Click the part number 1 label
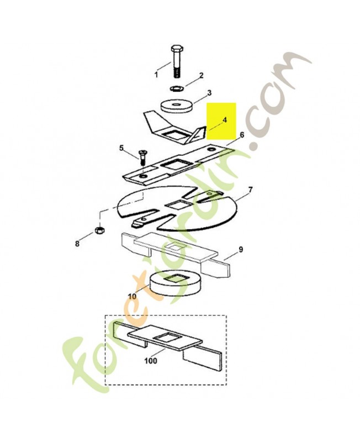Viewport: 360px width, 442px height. click(x=156, y=74)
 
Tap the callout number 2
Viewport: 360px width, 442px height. click(x=186, y=75)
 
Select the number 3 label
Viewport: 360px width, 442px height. click(x=194, y=92)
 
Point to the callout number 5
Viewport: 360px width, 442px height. click(x=121, y=148)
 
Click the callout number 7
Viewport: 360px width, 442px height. click(x=250, y=190)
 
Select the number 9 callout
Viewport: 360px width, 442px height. click(x=241, y=250)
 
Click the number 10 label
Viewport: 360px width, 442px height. click(x=132, y=296)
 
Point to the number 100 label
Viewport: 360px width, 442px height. click(x=151, y=361)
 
